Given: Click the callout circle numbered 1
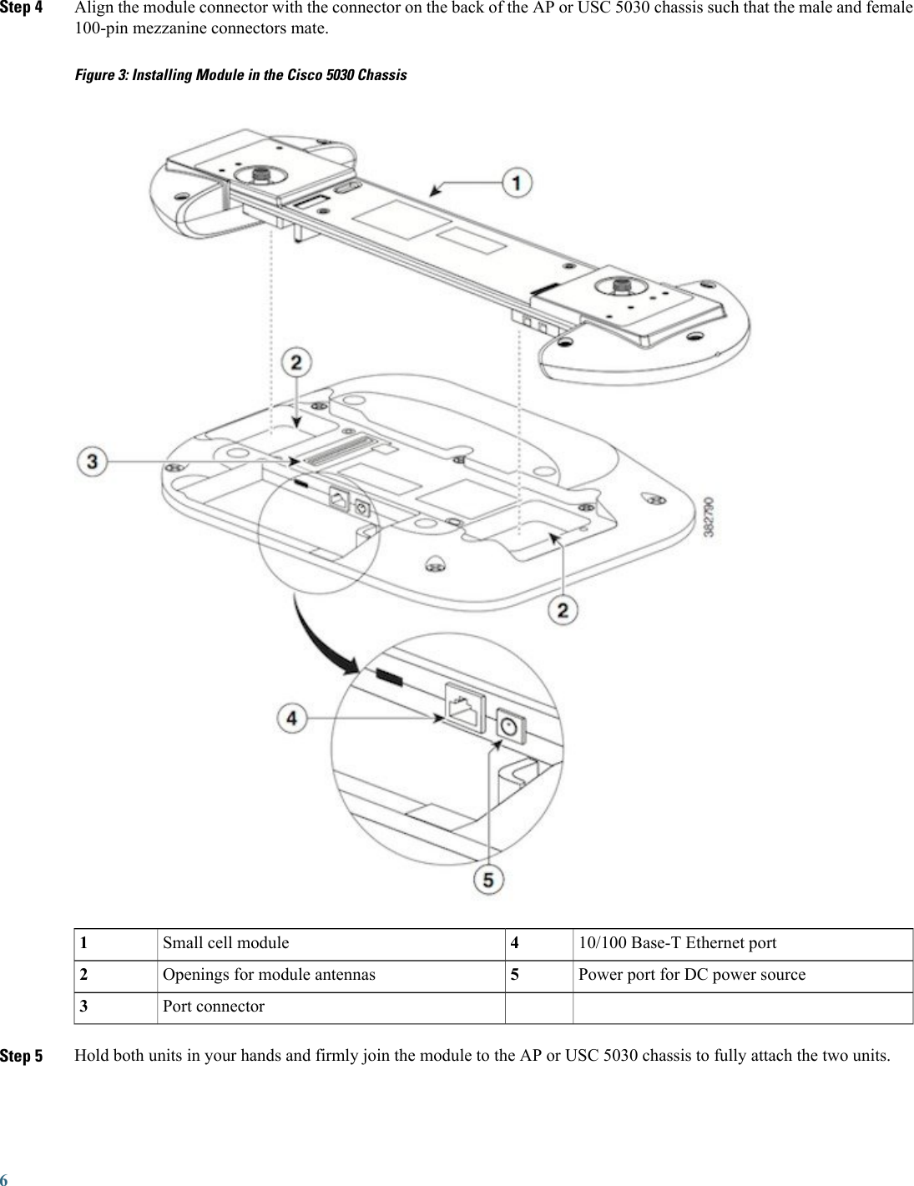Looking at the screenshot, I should tap(518, 184).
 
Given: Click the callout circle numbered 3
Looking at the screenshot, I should tap(93, 461).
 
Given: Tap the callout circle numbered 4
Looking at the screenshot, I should tap(291, 717).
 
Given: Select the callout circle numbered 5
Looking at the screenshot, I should tap(489, 880).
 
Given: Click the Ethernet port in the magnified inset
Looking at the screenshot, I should tap(466, 709).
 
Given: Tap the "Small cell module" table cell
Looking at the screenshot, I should tap(226, 943).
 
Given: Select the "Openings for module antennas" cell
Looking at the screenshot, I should tap(269, 975).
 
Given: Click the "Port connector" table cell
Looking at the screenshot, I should tap(214, 1007).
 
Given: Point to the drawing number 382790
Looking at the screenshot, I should tap(709, 522).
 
